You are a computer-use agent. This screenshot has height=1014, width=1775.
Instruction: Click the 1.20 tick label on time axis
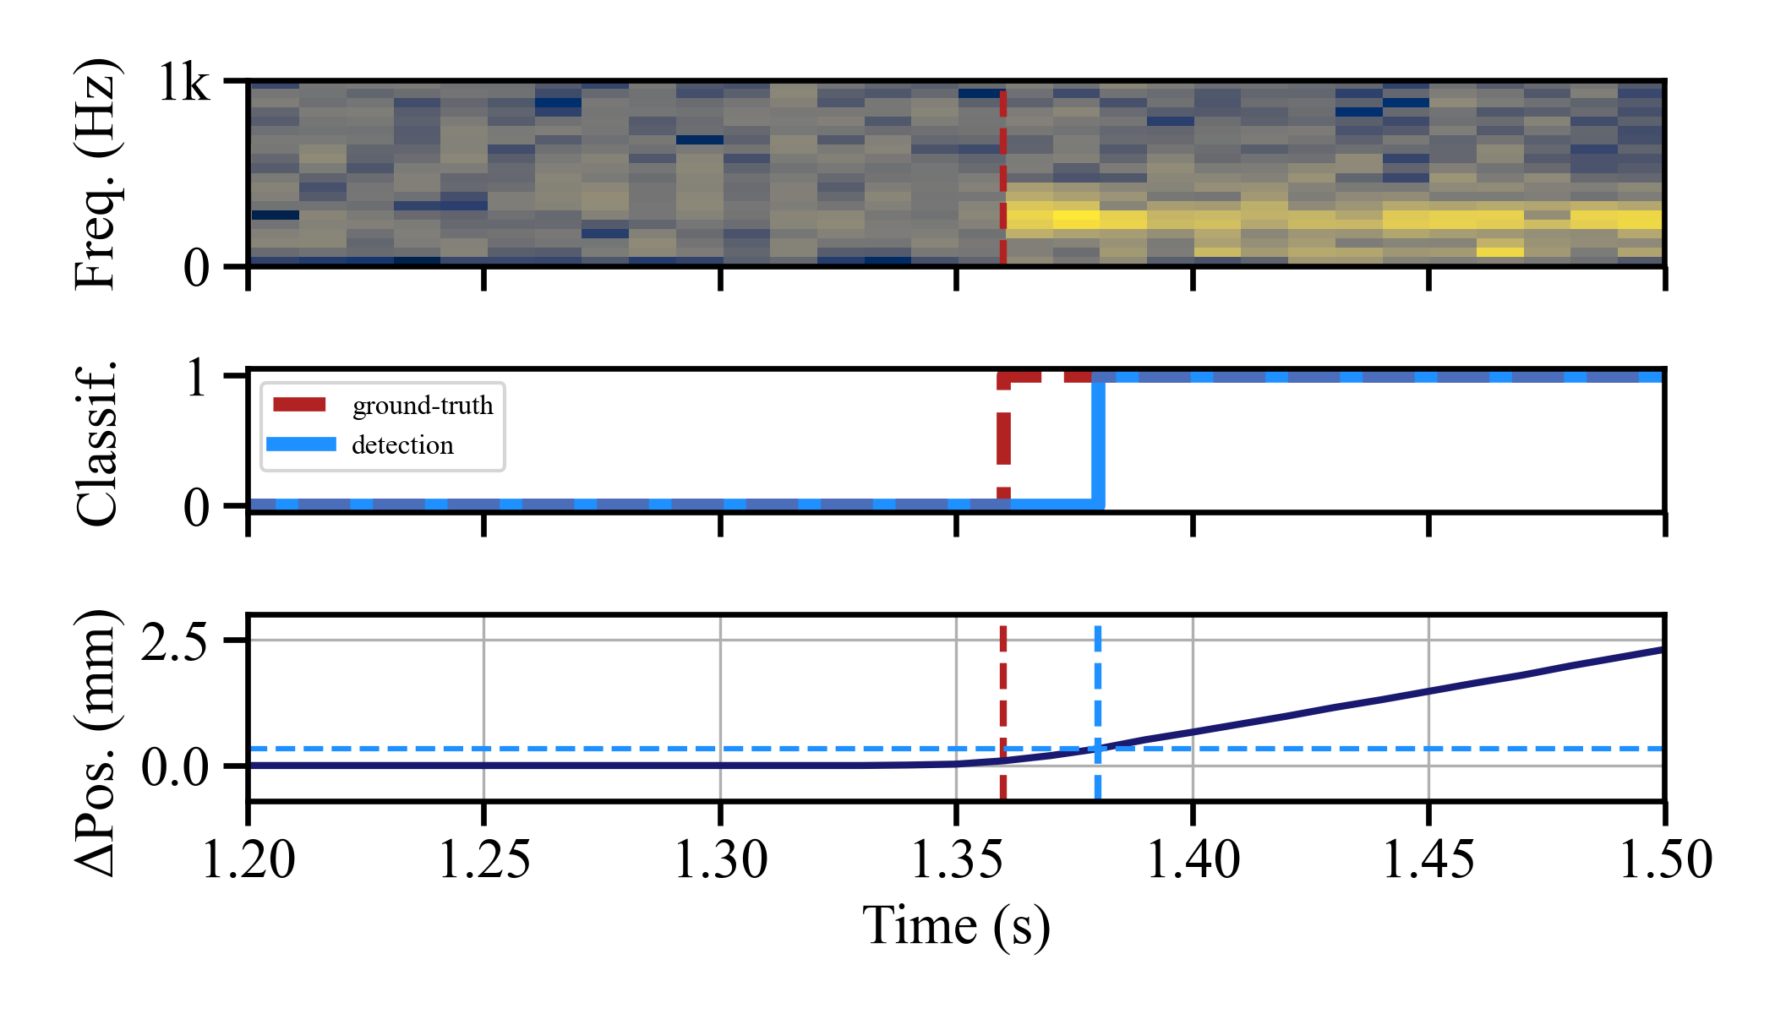[248, 860]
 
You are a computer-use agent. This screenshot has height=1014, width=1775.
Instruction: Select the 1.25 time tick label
[484, 860]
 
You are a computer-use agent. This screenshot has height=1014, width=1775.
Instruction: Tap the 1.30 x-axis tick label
[720, 860]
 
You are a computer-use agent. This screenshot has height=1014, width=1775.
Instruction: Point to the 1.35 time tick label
[956, 860]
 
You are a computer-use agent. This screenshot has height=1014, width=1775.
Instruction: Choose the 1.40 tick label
[1193, 860]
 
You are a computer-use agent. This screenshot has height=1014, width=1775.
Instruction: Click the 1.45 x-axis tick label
[1428, 860]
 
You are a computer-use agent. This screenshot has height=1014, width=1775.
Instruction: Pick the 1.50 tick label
[1664, 860]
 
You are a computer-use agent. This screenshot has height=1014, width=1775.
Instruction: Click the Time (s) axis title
[956, 926]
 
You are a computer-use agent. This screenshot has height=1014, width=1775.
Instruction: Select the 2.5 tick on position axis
[174, 642]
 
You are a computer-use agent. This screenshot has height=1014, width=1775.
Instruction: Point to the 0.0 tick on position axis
[174, 768]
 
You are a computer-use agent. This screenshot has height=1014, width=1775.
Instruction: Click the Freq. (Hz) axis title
[95, 174]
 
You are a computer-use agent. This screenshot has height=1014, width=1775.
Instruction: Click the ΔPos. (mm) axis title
[95, 742]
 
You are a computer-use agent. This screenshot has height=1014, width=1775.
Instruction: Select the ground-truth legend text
[423, 406]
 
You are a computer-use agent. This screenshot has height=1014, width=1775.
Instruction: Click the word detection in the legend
[402, 445]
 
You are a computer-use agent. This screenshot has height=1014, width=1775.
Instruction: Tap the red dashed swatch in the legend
[300, 405]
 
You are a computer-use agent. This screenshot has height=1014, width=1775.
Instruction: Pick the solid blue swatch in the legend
[300, 444]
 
